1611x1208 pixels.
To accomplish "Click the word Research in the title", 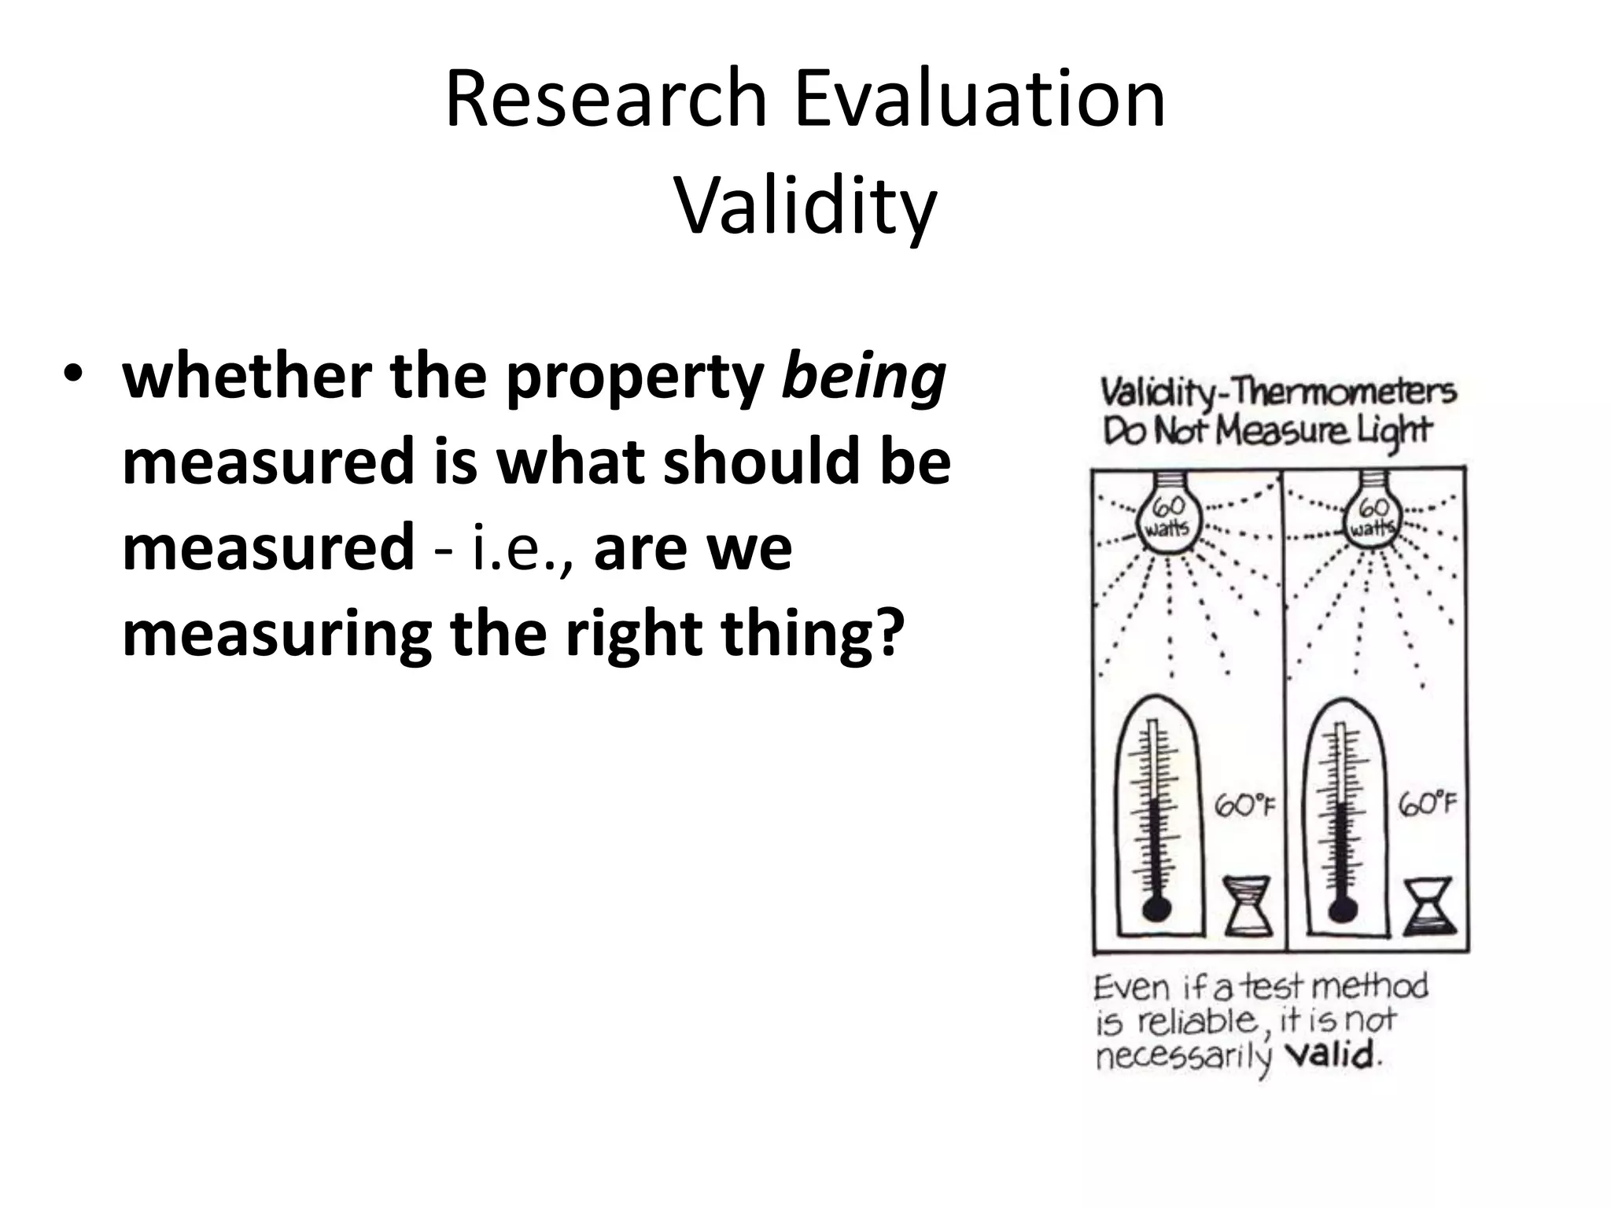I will point(606,99).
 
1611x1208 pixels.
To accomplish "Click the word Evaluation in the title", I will point(980,99).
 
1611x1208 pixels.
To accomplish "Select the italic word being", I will point(862,377).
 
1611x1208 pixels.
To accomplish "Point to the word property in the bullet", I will point(634,377).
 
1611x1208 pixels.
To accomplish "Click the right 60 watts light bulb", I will point(1373,519).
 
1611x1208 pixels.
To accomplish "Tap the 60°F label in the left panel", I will point(1244,805).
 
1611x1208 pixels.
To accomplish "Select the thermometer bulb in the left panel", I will point(1155,908).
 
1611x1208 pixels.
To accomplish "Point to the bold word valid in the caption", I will point(1331,1054).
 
